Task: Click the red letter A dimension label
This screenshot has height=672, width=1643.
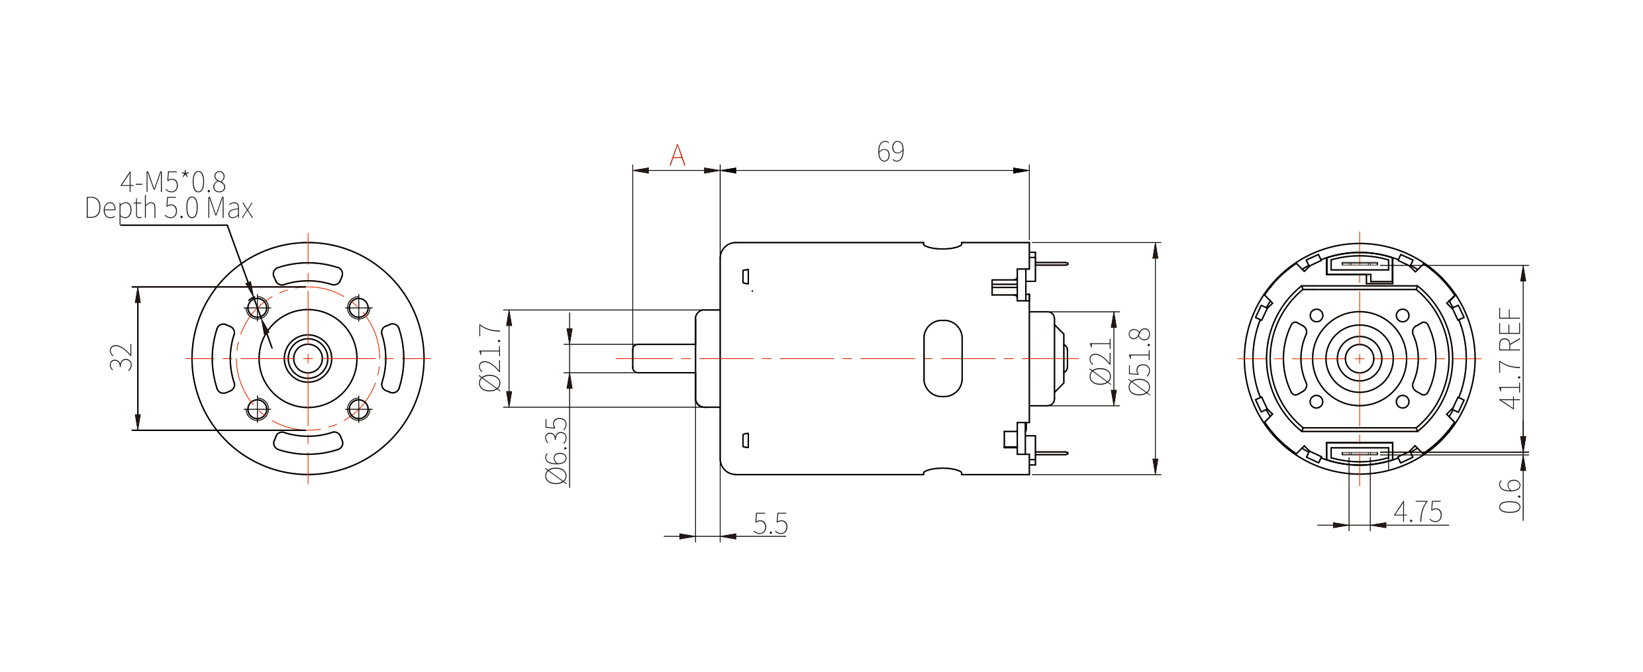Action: [x=677, y=155]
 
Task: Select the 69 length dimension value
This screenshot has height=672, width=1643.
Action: [x=891, y=152]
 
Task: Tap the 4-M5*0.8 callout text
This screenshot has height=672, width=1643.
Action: [x=173, y=182]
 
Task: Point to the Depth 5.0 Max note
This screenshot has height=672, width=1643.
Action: [x=169, y=209]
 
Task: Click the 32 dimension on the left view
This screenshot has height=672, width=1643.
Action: [x=122, y=358]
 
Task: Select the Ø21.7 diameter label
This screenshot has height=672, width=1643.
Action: [x=491, y=358]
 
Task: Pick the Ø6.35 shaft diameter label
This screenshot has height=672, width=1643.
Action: [x=557, y=451]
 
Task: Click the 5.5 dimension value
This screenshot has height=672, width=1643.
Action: [x=771, y=524]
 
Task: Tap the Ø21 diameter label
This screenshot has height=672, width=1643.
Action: [x=1101, y=361]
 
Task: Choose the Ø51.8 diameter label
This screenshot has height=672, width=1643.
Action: [x=1140, y=361]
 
